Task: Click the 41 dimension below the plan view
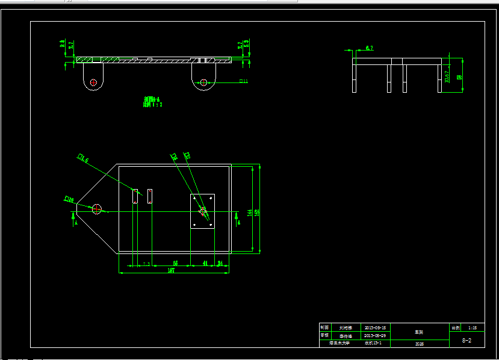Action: tap(205, 263)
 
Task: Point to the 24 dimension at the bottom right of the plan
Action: tap(220, 263)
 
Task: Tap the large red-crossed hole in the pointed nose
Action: tap(96, 209)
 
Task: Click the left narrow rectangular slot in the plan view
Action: tap(135, 196)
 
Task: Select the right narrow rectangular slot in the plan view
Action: tap(150, 196)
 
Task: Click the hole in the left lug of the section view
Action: tap(93, 82)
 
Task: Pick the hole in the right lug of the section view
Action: tap(204, 82)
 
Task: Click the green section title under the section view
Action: tap(153, 101)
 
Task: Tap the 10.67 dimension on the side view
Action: tap(447, 76)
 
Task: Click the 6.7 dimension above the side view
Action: tap(369, 47)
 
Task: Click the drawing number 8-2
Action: tap(466, 340)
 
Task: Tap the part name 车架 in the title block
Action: tap(419, 332)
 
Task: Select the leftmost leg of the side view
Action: tap(355, 78)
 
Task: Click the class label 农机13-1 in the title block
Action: tap(371, 343)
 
